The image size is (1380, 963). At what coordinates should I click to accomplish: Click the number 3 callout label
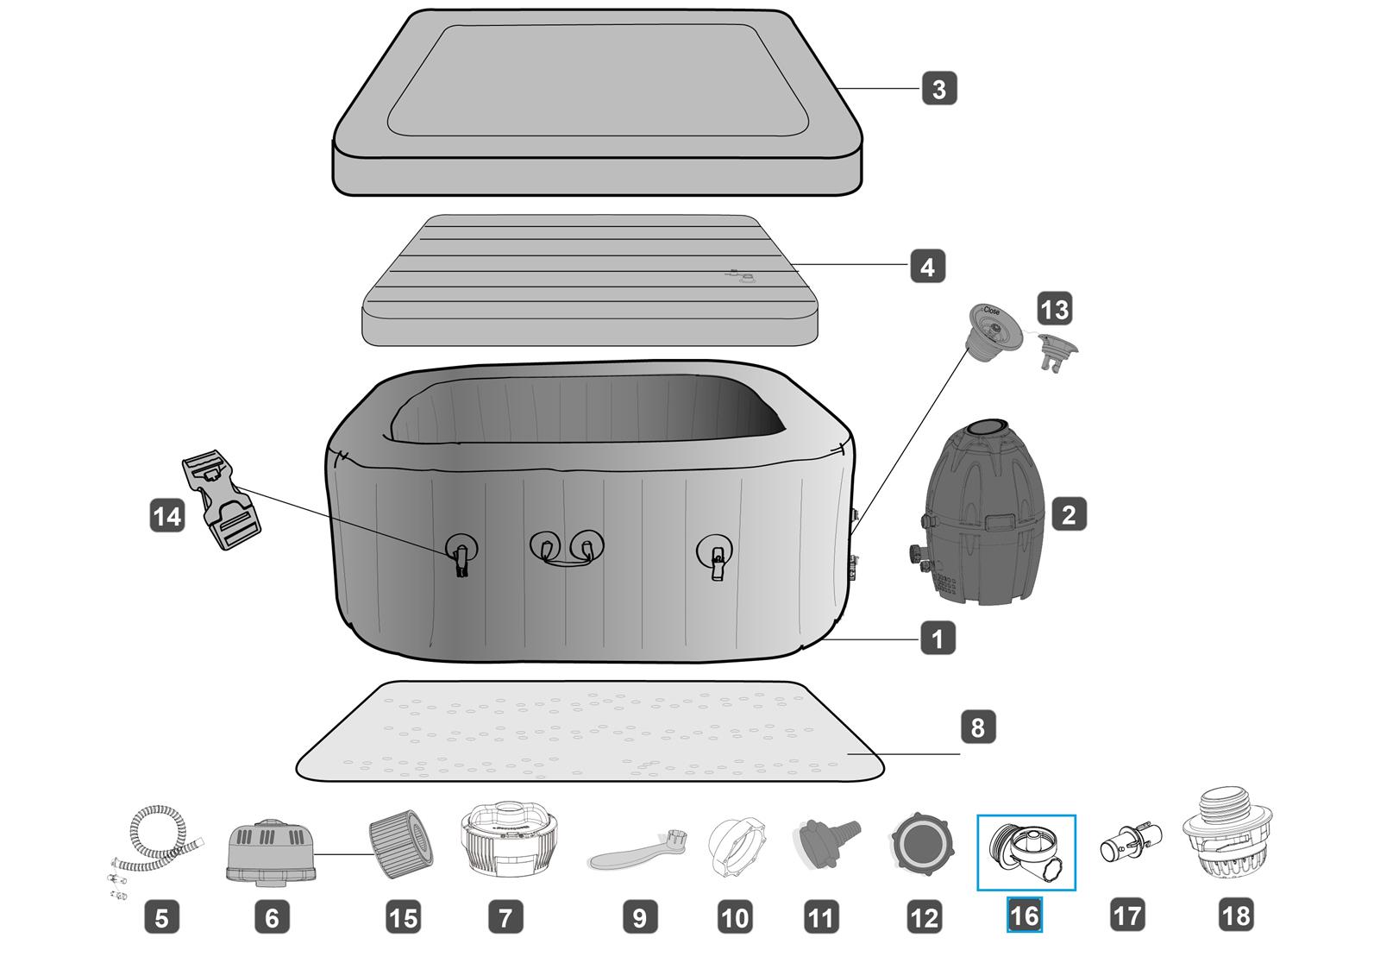coord(939,89)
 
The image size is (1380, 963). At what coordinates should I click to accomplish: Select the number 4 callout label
coord(927,267)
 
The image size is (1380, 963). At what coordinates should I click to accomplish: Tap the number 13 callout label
coord(1054,309)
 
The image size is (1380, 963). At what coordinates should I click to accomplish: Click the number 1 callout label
coord(938,639)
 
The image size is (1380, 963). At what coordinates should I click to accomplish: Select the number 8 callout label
coord(977,727)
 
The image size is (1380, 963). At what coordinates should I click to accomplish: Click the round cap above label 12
coord(923,842)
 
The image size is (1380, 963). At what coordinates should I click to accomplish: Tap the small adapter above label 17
coord(1127,843)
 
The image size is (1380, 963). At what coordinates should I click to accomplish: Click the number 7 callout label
coord(505,916)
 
